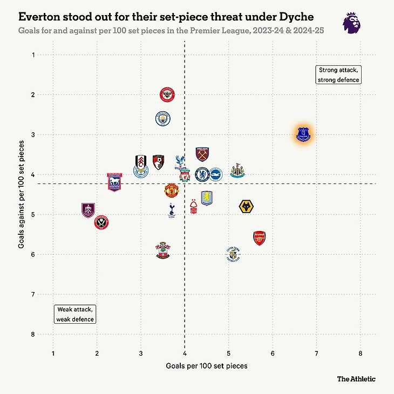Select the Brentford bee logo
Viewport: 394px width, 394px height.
(x=168, y=96)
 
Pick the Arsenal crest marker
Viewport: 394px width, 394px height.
(x=260, y=238)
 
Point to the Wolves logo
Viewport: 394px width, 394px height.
(x=246, y=206)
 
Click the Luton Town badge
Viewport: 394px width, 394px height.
(x=233, y=254)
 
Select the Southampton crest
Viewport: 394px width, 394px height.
(x=162, y=249)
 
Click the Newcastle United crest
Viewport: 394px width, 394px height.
(x=237, y=172)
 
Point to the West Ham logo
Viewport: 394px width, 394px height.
(x=202, y=154)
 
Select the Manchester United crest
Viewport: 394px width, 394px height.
(x=172, y=190)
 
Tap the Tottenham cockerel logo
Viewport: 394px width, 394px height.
(x=171, y=210)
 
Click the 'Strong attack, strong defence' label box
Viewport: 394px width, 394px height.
(x=338, y=75)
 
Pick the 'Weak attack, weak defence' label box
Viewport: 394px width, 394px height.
(x=76, y=314)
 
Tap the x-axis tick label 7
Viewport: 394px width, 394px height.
(x=316, y=354)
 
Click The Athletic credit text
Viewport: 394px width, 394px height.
(x=356, y=379)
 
